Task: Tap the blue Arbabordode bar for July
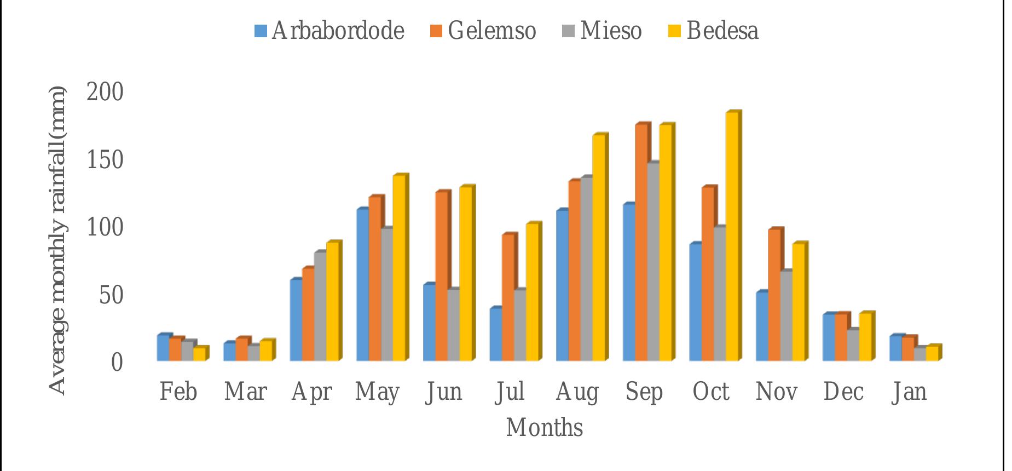pos(495,334)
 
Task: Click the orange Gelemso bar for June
pos(441,276)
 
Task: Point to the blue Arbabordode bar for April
pos(296,320)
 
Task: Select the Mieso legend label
pos(611,31)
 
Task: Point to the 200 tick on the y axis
pos(105,92)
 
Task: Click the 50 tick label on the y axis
pos(112,295)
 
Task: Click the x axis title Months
pos(544,428)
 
